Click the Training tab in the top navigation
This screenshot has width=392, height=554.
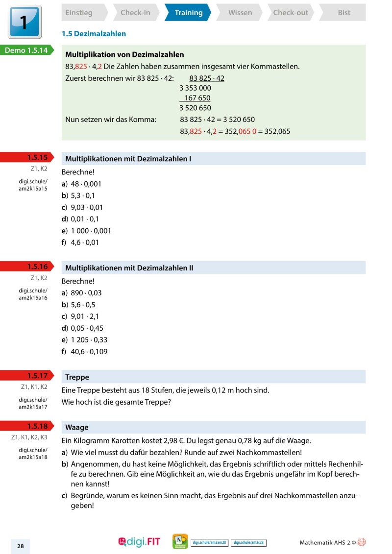188,13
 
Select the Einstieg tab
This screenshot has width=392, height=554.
79,13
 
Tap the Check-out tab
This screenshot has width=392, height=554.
290,13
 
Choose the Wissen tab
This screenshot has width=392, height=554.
240,13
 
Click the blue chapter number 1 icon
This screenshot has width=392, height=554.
24,22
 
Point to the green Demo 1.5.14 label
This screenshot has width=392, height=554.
27,49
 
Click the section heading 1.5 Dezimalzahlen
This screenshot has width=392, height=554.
94,34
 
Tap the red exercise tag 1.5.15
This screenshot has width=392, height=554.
37,158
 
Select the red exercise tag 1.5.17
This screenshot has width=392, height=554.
37,376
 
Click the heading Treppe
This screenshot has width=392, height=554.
77,377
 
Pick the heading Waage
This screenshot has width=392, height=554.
76,427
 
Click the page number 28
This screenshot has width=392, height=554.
21,546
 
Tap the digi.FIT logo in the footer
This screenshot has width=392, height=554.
139,542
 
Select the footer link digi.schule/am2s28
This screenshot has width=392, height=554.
248,542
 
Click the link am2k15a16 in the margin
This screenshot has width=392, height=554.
33,297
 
